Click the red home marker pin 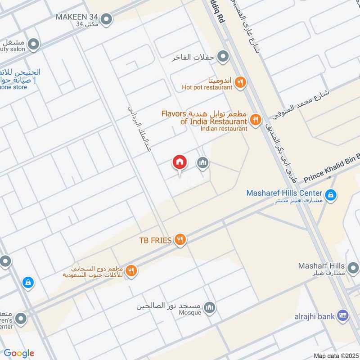pos(180,162)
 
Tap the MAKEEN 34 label pos(76,17)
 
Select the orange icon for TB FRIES pos(180,240)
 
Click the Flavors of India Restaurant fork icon pos(256,120)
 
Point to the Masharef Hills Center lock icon pos(330,195)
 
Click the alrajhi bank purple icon pos(343,316)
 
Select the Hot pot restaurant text pos(207,87)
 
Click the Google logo pos(19,353)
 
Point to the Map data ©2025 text pos(335,355)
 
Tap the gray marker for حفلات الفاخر pos(222,57)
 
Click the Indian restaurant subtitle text pos(224,129)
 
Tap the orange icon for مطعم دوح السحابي pos(131,271)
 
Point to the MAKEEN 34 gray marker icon pos(107,19)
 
